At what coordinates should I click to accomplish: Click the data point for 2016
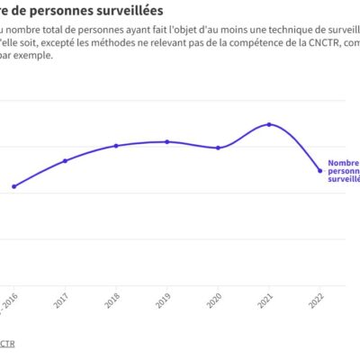pyautogui.click(x=13, y=186)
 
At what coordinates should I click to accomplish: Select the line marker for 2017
pyautogui.click(x=65, y=161)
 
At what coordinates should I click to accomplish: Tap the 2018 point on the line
pyautogui.click(x=116, y=146)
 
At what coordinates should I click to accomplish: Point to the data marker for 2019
pyautogui.click(x=166, y=141)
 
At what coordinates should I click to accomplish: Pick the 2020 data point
pyautogui.click(x=218, y=148)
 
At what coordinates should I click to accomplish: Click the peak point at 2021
pyautogui.click(x=268, y=124)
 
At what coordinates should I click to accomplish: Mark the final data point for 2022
pyautogui.click(x=319, y=171)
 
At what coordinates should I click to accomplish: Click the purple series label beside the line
pyautogui.click(x=343, y=170)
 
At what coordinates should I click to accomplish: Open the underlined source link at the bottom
pyautogui.click(x=7, y=345)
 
